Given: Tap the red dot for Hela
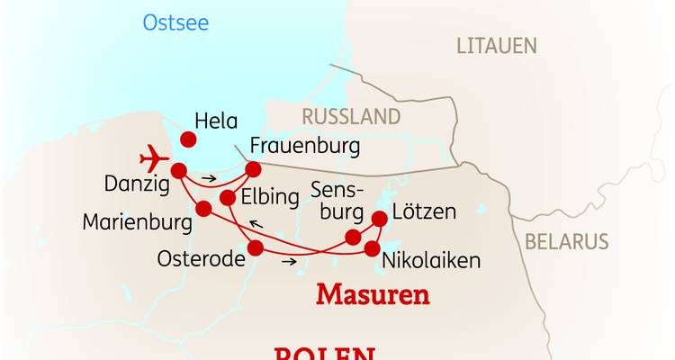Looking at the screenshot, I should tap(188, 139).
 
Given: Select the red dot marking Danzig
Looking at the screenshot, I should tap(179, 169).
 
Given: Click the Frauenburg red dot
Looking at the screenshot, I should tap(254, 168).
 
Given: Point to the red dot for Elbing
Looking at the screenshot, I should tap(228, 198).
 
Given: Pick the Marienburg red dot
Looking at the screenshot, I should tap(203, 209).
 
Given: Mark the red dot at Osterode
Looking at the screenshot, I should tap(256, 247).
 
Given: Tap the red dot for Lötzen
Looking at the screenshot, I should tap(379, 218).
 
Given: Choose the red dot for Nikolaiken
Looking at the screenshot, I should tap(371, 247).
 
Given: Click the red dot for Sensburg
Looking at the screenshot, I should tap(354, 238).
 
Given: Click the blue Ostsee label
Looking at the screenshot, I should tap(175, 22).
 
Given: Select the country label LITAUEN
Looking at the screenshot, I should tap(496, 45).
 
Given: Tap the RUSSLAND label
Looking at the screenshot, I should tap(351, 116).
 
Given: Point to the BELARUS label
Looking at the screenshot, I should tap(567, 241).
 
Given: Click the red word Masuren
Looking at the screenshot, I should tap(373, 294).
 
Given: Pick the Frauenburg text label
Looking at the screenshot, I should tap(305, 145).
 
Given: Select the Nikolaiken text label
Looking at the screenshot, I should tap(431, 261).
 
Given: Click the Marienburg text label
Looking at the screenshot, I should tap(137, 222).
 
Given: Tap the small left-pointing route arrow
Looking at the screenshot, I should tap(256, 225).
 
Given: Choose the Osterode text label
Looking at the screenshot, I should tap(202, 258).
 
